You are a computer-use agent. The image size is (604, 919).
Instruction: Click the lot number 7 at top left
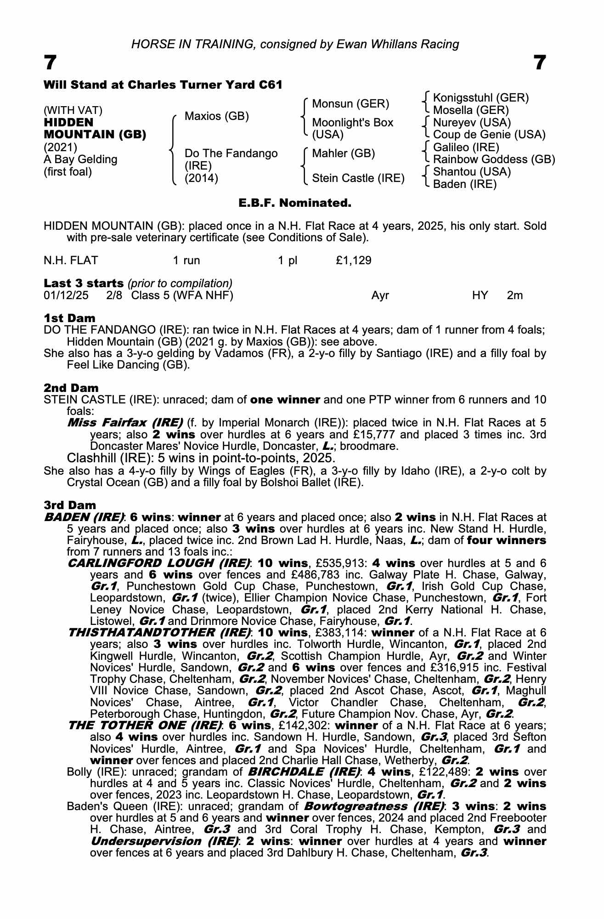pos(50,62)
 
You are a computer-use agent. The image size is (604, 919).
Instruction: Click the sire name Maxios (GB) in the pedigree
pos(216,116)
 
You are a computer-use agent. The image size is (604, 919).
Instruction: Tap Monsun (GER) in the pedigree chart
pos(350,104)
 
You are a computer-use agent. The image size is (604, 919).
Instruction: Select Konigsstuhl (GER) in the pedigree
pos(481,98)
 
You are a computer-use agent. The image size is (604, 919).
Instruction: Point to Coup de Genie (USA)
pos(489,135)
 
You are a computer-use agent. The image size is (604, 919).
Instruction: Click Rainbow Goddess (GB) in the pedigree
pos(494,159)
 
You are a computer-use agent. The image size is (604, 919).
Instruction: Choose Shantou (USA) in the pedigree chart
pos(472,172)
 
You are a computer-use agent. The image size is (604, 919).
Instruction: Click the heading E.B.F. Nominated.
pos(295,203)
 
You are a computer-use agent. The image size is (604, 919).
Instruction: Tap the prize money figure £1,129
pos(354,261)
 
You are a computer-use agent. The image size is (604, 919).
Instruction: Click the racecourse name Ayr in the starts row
pos(380,295)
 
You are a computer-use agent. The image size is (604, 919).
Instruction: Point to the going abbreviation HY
pos(480,295)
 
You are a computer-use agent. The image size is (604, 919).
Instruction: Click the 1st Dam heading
pos(69,318)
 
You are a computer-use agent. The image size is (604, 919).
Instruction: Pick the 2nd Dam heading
pos(71,388)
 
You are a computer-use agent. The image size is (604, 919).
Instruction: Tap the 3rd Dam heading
pos(70,505)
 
